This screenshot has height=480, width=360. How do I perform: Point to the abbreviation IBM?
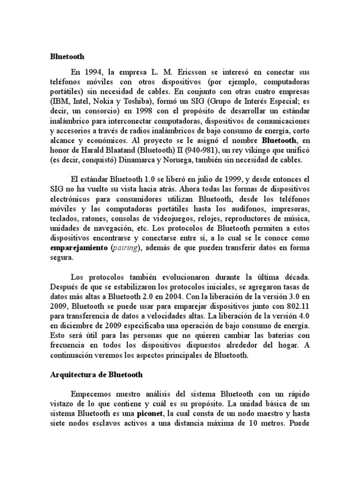[x=61, y=101]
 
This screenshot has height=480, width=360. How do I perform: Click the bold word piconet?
[x=151, y=414]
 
